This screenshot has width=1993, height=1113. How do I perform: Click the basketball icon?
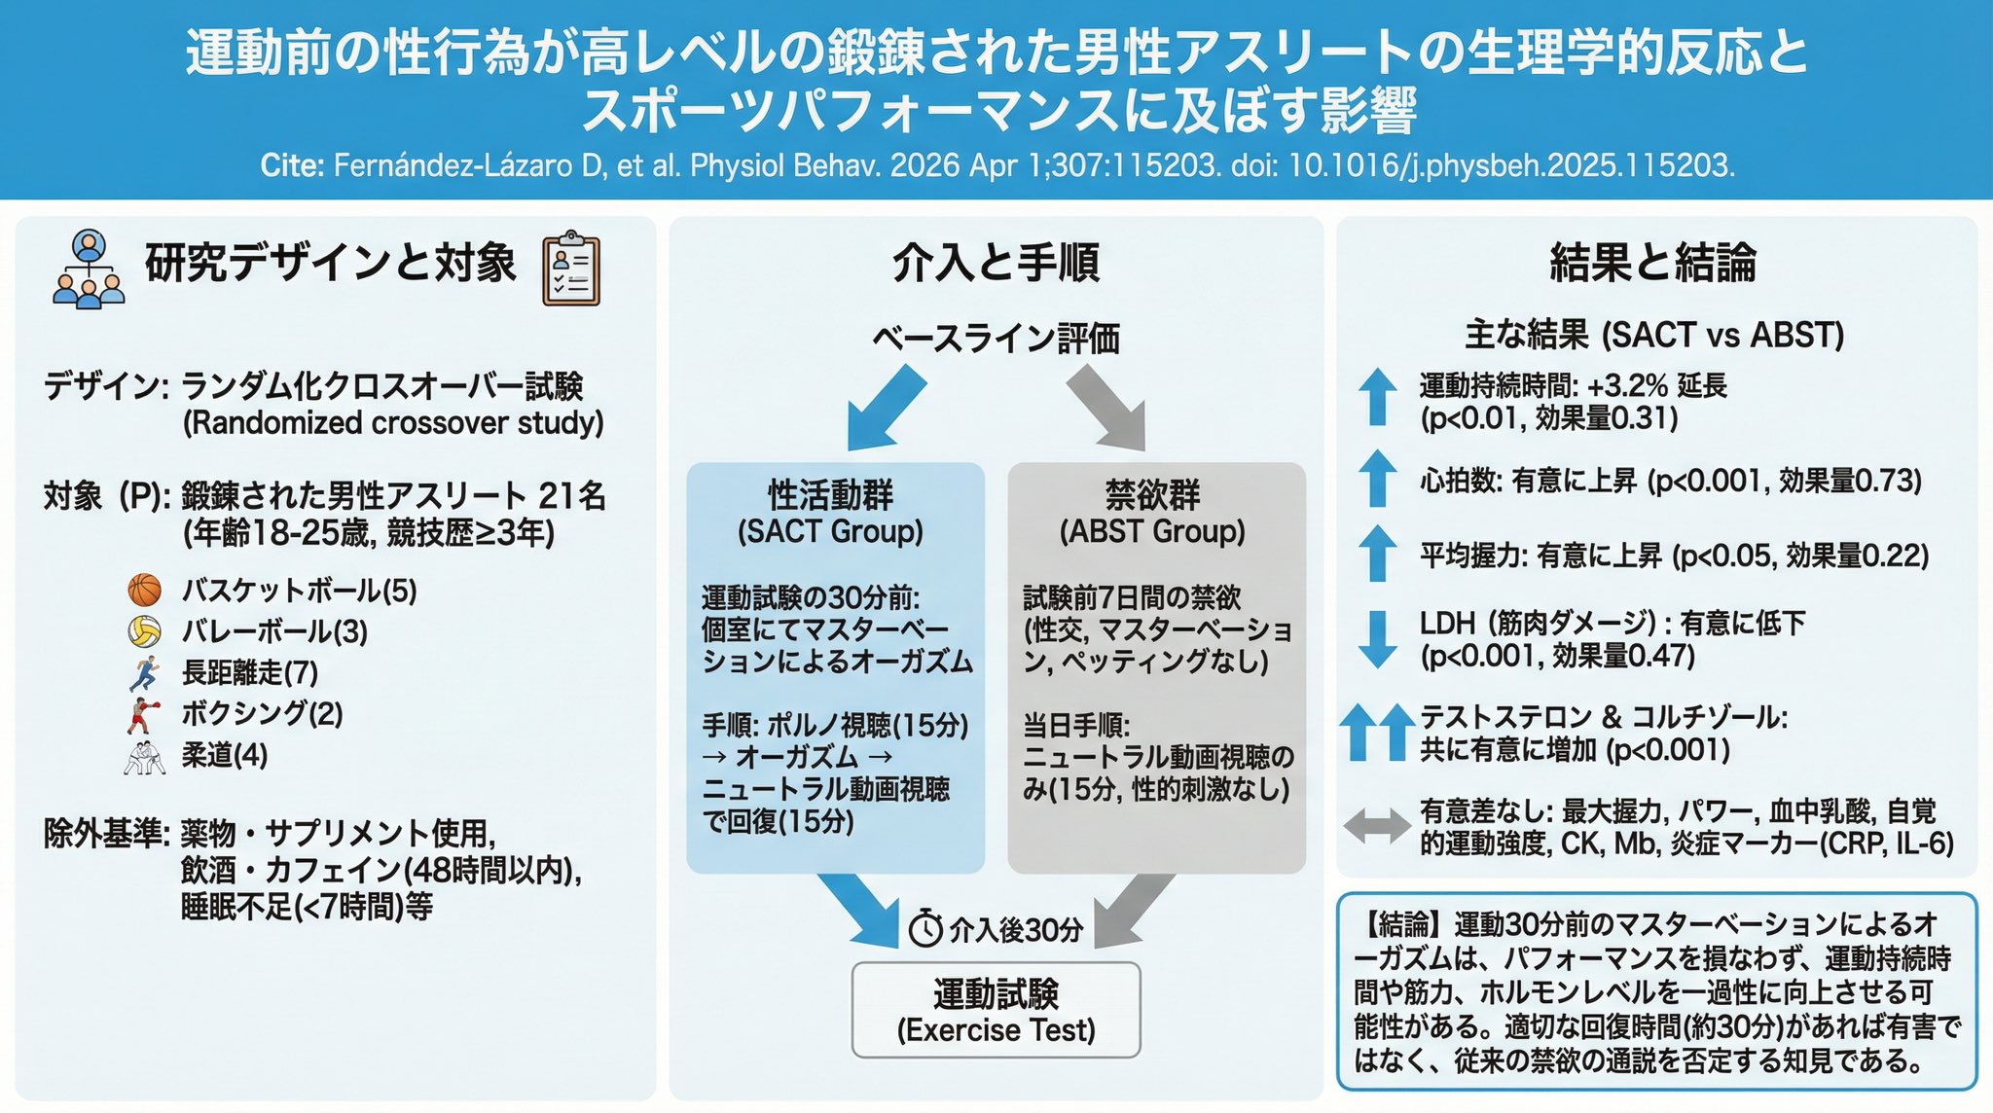click(145, 590)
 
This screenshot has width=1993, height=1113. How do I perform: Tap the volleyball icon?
click(145, 631)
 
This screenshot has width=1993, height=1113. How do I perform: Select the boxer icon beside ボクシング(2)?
click(143, 714)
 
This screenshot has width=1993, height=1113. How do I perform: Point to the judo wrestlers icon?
click(145, 756)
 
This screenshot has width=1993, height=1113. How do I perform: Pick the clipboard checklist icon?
click(571, 269)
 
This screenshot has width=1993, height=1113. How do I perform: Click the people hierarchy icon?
click(89, 269)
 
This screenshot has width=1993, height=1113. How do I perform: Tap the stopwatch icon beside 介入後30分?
click(925, 929)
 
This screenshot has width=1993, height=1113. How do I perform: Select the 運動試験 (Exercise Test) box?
click(996, 1010)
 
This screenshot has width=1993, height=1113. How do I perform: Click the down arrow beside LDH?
click(1377, 638)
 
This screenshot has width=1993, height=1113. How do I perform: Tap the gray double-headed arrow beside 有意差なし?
click(1377, 826)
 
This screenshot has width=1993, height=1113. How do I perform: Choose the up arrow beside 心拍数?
click(1377, 479)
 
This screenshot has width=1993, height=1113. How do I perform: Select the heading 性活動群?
click(830, 495)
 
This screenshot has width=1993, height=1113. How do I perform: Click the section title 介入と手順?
click(996, 264)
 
